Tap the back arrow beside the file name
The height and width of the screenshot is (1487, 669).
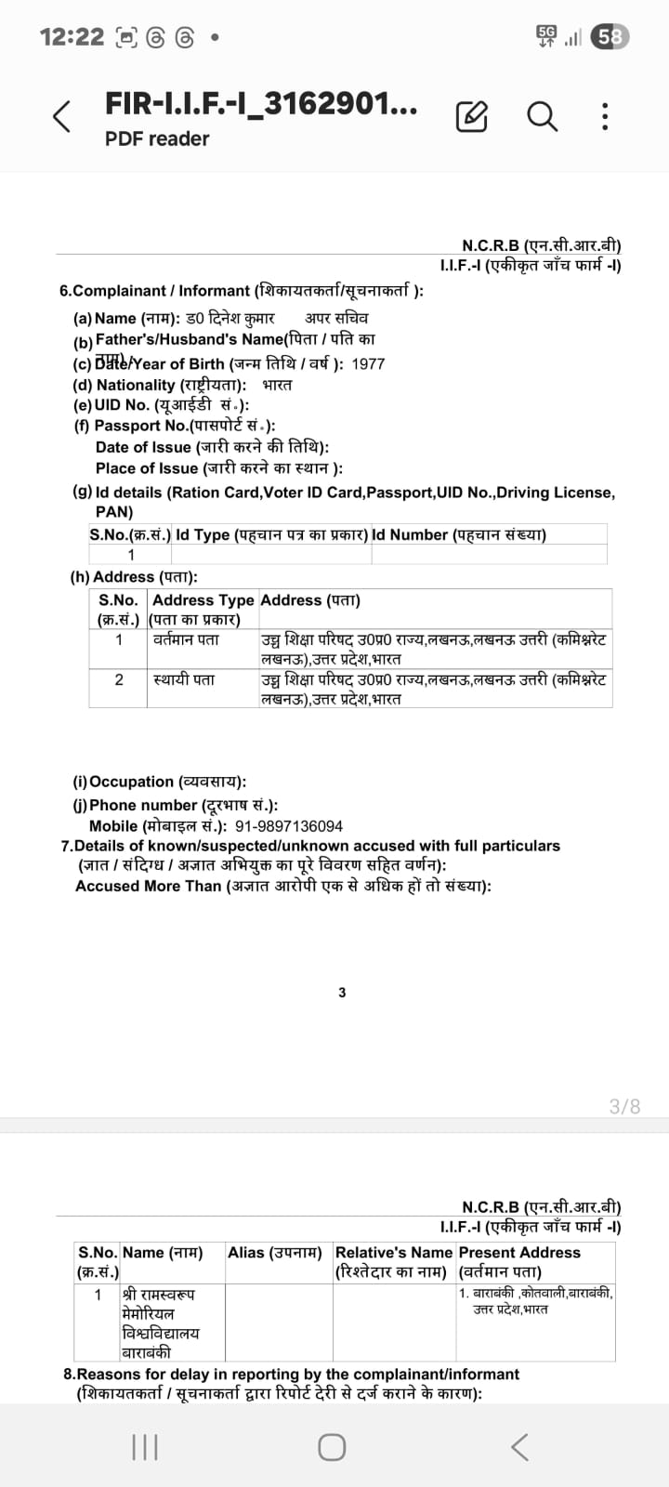(61, 116)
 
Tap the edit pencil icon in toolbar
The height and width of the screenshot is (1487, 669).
(471, 116)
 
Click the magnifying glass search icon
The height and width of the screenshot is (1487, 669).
(542, 116)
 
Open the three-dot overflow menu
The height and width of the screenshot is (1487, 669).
(605, 116)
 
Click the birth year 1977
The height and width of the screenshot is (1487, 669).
(368, 364)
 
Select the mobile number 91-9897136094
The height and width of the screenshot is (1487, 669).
(289, 826)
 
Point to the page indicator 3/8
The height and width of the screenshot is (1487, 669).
(624, 1106)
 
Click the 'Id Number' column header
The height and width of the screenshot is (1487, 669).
(459, 534)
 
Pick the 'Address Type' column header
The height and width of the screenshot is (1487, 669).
(203, 600)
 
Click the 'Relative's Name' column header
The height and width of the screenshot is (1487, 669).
(394, 1253)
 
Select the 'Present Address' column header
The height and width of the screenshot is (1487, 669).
(519, 1253)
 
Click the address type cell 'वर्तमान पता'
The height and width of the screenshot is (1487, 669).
(186, 640)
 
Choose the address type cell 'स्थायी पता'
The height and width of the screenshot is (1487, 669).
(184, 680)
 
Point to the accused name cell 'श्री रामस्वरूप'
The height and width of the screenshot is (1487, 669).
(159, 1294)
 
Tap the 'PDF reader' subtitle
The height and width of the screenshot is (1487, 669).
(157, 139)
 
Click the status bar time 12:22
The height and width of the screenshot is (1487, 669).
(72, 37)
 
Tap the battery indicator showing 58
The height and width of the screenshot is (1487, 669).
(610, 37)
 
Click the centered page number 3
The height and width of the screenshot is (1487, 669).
(342, 993)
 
